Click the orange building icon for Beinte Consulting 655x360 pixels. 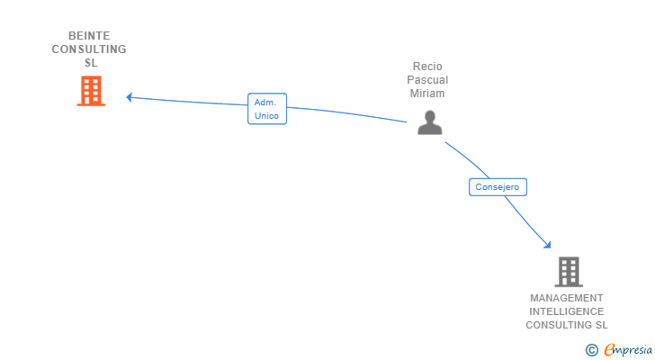[91, 91]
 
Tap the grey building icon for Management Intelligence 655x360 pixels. [568, 272]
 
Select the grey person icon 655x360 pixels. [430, 122]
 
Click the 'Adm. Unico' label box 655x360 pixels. [267, 109]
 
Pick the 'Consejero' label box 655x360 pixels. [498, 187]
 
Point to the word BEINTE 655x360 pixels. [89, 36]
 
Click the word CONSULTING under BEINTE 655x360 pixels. [89, 49]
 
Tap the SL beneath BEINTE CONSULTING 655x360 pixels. [90, 63]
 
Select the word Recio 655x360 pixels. [427, 67]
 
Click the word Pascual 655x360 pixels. [427, 80]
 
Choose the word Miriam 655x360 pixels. [427, 94]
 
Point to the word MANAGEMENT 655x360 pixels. [567, 298]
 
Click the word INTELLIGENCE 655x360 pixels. [567, 311]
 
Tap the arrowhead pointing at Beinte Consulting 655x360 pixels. [130, 96]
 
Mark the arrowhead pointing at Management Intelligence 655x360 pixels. [547, 243]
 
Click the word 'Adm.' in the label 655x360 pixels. [265, 103]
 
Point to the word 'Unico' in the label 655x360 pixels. [267, 116]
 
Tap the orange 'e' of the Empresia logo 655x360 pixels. [609, 350]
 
